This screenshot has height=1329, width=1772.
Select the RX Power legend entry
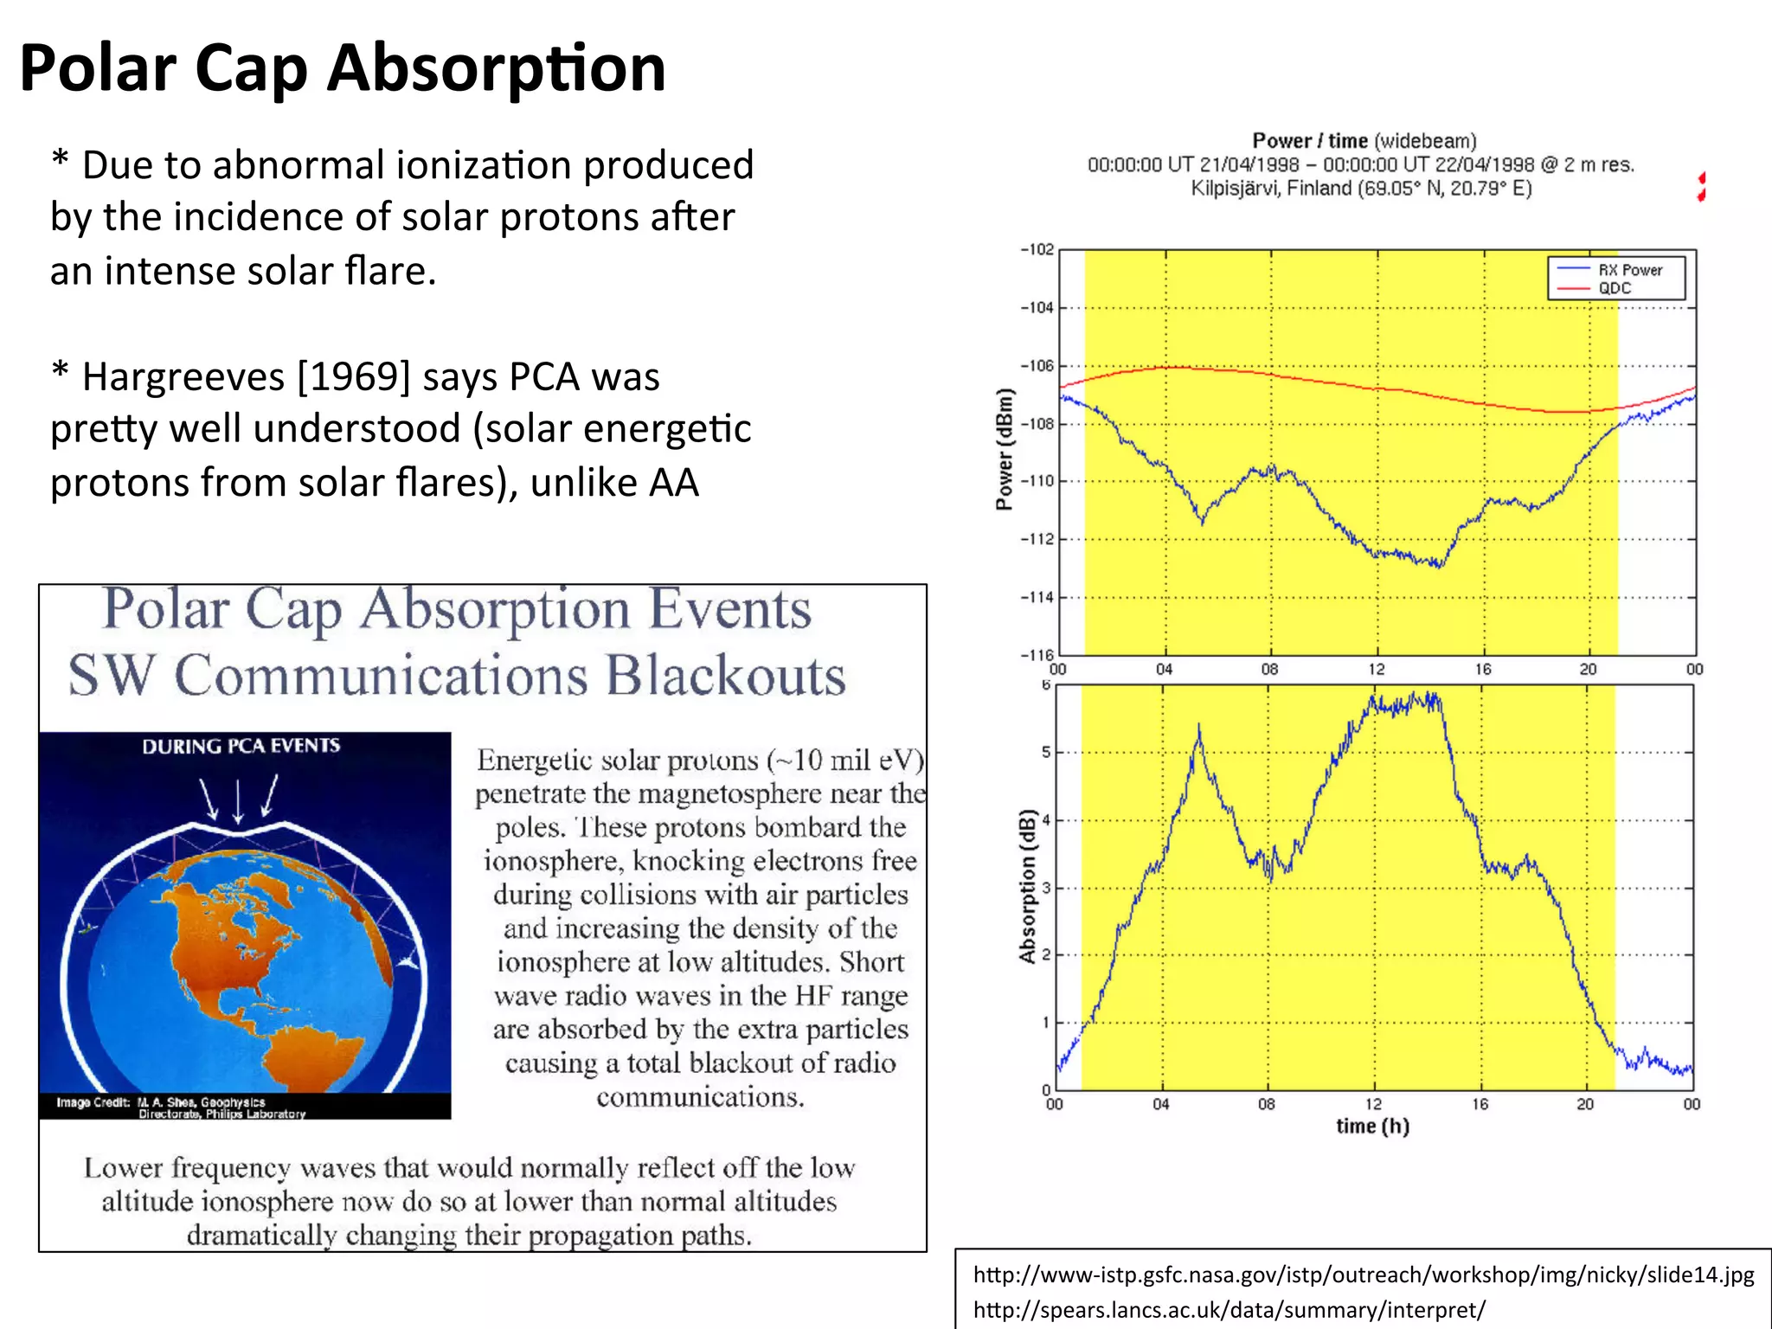[x=1629, y=270]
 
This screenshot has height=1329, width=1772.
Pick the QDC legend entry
[x=1615, y=288]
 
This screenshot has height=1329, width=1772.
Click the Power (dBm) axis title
[x=1004, y=449]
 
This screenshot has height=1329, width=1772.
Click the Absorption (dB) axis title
[x=1027, y=886]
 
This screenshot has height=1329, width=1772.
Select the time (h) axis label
[x=1372, y=1126]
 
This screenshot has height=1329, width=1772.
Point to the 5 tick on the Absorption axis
[x=1046, y=752]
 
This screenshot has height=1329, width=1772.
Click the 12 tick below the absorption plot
[x=1373, y=1104]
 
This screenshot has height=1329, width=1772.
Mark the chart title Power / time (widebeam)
[x=1364, y=141]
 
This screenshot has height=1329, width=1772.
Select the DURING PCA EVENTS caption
[x=241, y=746]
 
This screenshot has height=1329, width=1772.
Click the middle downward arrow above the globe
[x=239, y=800]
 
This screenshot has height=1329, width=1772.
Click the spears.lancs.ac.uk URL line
[x=1229, y=1309]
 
